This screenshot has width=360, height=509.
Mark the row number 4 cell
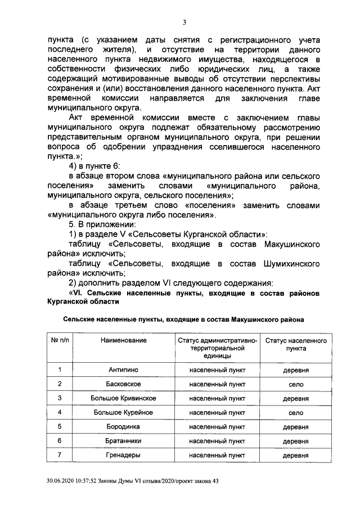(60, 412)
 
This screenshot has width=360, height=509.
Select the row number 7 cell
(60, 455)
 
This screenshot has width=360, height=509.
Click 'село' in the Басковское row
(296, 384)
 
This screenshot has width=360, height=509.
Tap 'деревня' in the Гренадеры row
(296, 456)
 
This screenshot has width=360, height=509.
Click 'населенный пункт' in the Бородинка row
(217, 427)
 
